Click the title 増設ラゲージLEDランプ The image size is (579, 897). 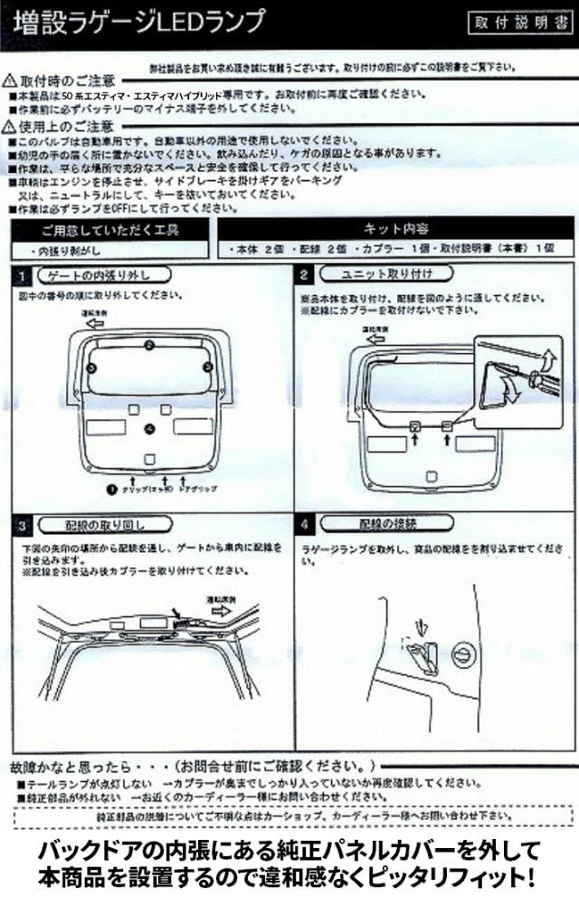[x=140, y=19]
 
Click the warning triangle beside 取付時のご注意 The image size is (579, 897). [x=10, y=81]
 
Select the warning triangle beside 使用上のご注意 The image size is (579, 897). [x=10, y=127]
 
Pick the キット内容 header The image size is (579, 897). [x=395, y=229]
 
